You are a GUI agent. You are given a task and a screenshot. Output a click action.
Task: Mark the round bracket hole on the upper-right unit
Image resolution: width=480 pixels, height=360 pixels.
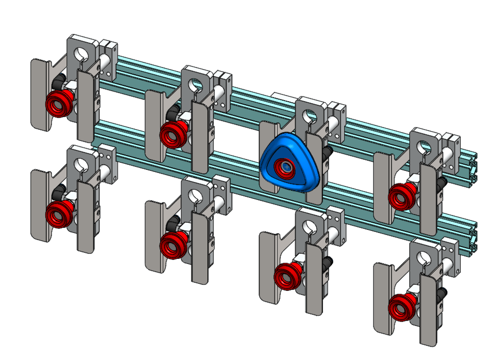pyautogui.click(x=425, y=147)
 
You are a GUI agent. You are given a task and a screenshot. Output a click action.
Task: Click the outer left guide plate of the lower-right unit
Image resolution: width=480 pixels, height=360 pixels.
pyautogui.click(x=384, y=298)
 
